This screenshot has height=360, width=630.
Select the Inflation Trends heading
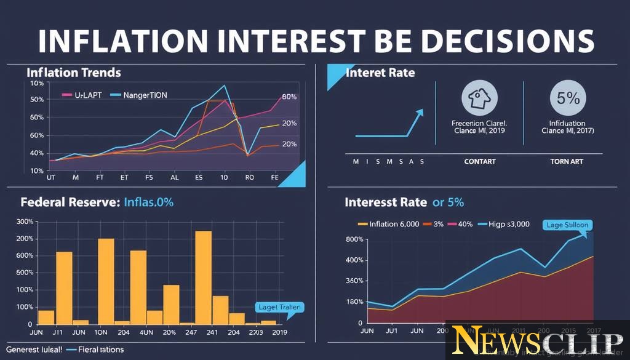pos(74,73)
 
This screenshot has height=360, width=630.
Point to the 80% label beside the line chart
pos(289,97)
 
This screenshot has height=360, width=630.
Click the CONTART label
pos(479,161)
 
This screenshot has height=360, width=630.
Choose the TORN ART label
pos(567,161)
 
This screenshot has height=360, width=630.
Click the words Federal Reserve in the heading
pos(69,202)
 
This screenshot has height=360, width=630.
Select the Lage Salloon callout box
pos(567,225)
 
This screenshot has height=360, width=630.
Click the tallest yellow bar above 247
pos(203,277)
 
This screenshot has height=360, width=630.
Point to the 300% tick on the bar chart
pos(25,222)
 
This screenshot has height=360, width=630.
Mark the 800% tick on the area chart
pos(355,239)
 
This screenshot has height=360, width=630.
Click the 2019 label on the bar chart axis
pos(279,332)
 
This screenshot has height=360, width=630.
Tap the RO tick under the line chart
pos(249,177)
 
